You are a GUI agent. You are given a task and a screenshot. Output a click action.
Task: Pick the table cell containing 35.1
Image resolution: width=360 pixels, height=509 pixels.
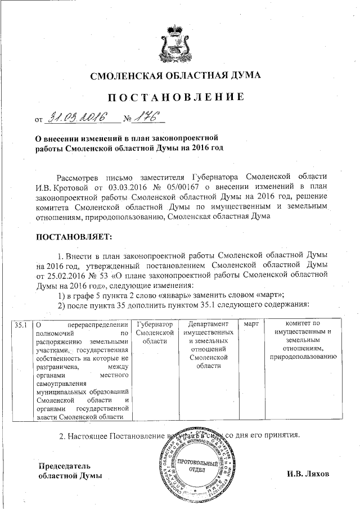[x=21, y=325]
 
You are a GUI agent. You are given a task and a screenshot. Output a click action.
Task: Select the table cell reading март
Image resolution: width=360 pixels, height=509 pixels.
[x=249, y=325]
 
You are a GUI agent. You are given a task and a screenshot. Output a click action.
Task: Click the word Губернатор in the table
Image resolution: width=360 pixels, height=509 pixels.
[x=153, y=325]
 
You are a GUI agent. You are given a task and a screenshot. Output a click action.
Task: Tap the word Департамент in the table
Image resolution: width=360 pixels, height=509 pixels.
[x=204, y=325]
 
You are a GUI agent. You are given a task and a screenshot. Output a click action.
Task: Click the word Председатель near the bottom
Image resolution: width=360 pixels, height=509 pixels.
[x=64, y=466]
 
